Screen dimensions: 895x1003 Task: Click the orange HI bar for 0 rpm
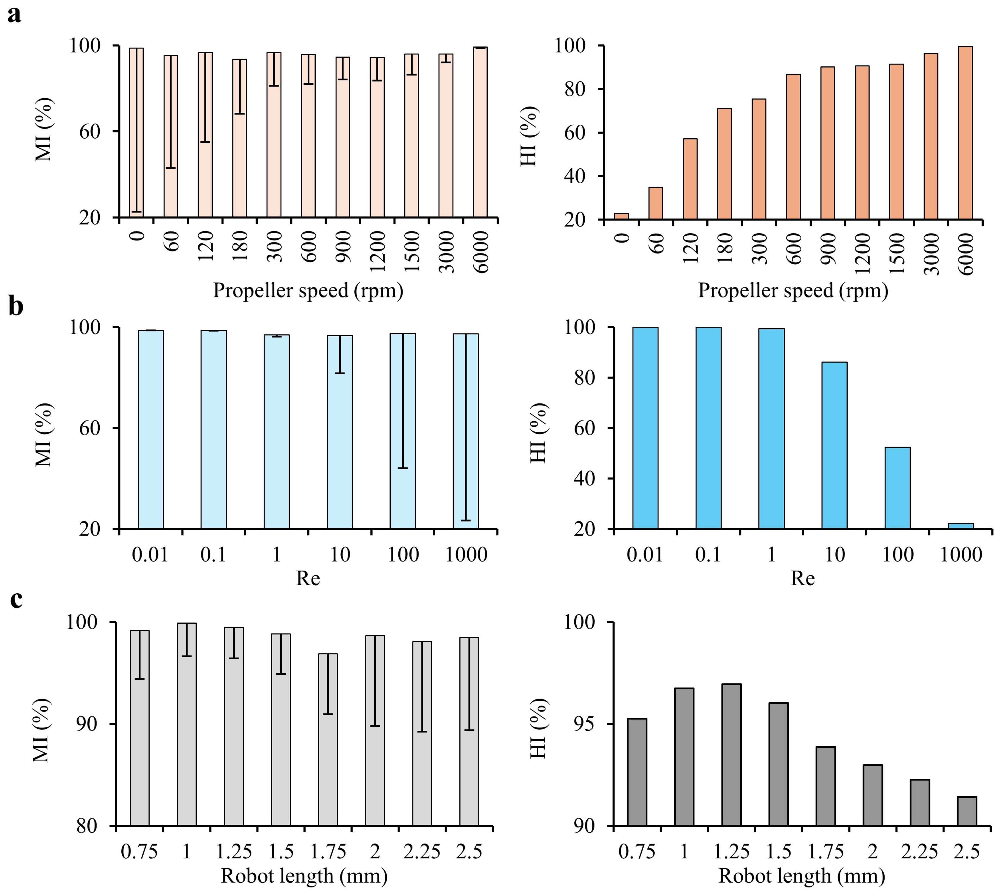(x=622, y=216)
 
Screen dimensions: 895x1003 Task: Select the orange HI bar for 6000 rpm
(x=965, y=133)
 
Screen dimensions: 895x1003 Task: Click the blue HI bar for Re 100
(x=898, y=488)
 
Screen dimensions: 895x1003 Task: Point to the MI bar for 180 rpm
(x=240, y=138)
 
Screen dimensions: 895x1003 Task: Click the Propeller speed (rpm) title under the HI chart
(x=793, y=291)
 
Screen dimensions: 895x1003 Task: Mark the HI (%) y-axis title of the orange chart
(x=530, y=136)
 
